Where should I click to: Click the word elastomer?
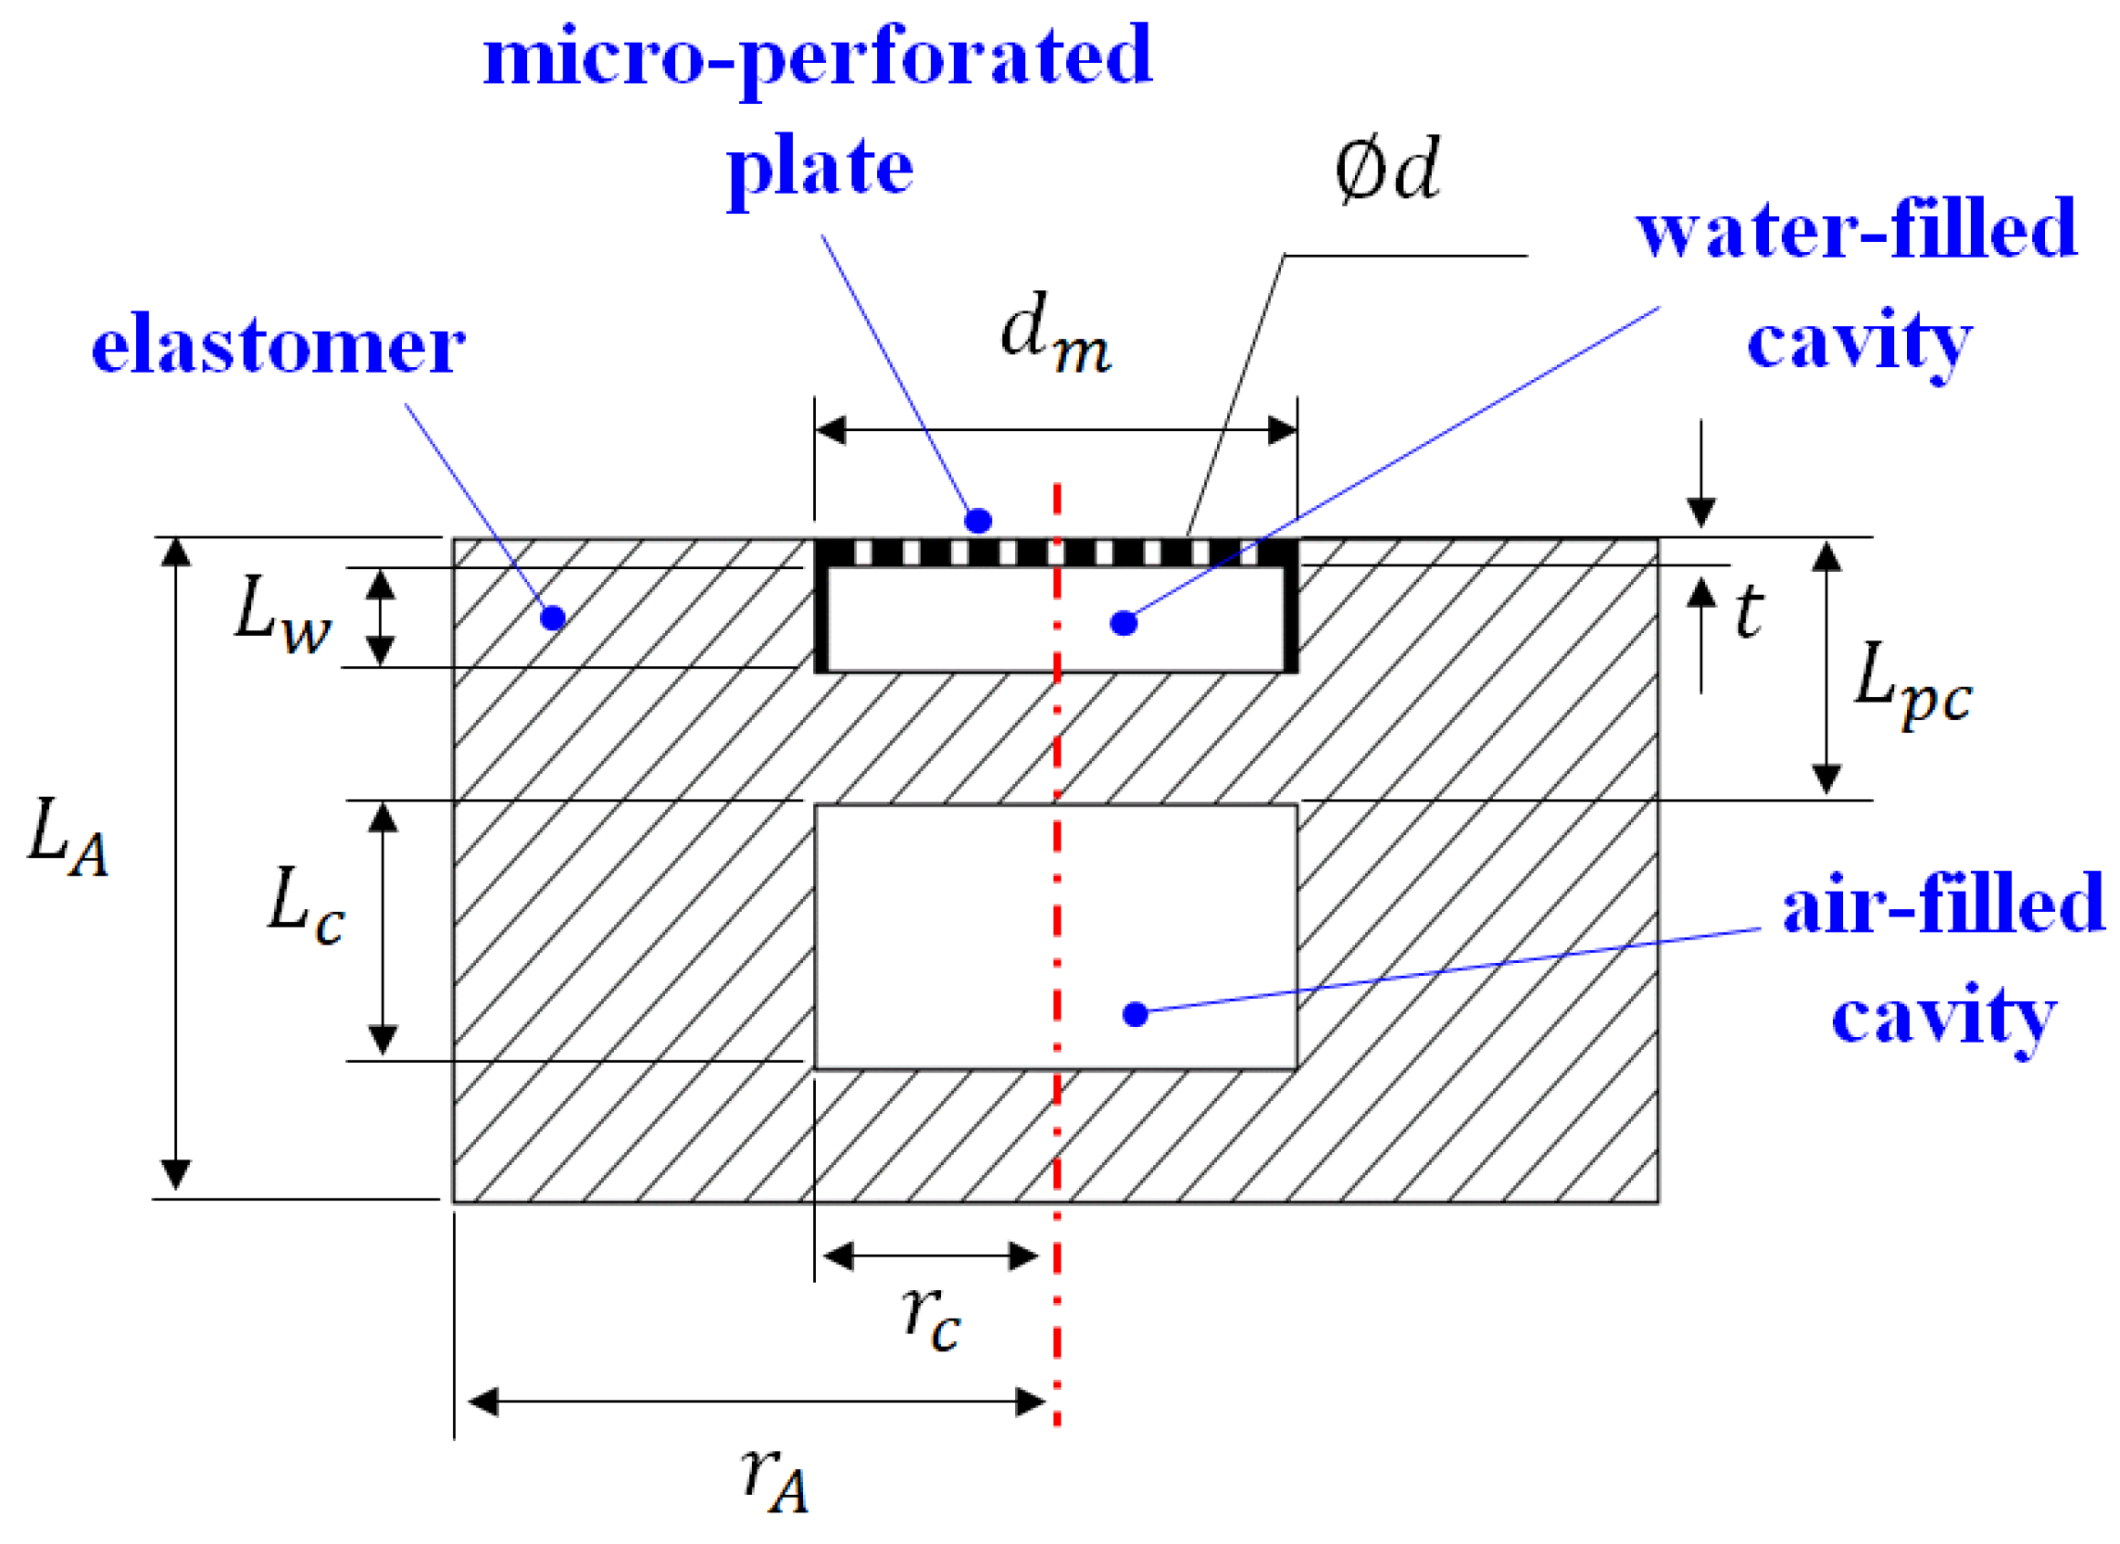pos(278,345)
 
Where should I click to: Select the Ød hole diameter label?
pos(1386,170)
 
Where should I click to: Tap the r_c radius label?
pos(931,1319)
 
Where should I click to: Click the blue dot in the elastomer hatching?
pos(553,618)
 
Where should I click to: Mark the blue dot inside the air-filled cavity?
pos(1135,1014)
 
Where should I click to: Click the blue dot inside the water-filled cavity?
pos(1123,623)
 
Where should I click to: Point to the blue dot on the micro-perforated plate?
pos(978,521)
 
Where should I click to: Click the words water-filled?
pos(1855,229)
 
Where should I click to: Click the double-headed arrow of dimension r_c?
pos(931,1257)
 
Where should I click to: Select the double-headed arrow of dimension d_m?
pos(1055,431)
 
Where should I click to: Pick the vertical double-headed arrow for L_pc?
pos(1826,668)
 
